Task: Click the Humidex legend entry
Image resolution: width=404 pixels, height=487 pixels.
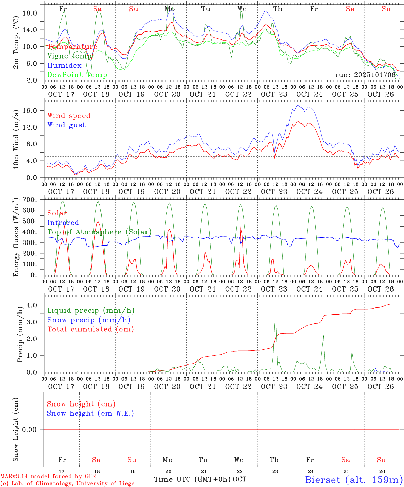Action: [x=64, y=66]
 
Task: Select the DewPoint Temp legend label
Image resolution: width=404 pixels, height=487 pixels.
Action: [x=77, y=75]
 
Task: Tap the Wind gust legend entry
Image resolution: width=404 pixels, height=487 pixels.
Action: [x=66, y=125]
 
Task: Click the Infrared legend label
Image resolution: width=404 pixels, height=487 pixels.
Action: [x=63, y=223]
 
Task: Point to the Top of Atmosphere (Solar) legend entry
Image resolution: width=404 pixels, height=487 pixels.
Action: [x=99, y=232]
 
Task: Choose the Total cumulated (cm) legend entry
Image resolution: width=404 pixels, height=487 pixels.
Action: [x=90, y=329]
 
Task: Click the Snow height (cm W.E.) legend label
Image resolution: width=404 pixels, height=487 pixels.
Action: [x=90, y=413]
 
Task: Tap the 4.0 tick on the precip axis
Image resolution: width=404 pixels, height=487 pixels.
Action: [x=36, y=305]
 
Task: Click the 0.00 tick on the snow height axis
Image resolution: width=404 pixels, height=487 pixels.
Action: [x=34, y=430]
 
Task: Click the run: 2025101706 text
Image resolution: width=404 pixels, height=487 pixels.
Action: [x=365, y=75]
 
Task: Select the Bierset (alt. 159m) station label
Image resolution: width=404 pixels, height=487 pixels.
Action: [x=354, y=480]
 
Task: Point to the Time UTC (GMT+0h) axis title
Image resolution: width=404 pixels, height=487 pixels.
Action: [x=193, y=479]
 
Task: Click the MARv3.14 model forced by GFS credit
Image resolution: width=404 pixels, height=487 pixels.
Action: [x=48, y=477]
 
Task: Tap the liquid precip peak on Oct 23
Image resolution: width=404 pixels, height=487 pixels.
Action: [x=275, y=324]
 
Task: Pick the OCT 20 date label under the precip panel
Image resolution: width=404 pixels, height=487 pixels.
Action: [x=167, y=387]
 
